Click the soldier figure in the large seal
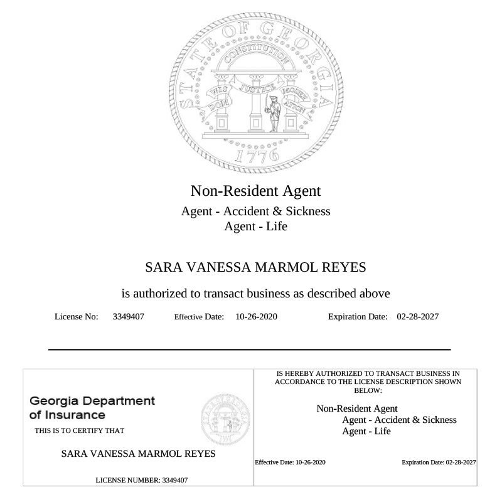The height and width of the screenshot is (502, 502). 274,114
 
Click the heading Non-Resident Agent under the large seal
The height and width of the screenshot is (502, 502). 255,190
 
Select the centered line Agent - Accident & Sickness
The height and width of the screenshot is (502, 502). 255,211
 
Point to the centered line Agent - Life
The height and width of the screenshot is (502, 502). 255,226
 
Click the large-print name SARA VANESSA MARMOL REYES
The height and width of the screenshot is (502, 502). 255,267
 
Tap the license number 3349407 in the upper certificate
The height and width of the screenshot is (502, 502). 129,316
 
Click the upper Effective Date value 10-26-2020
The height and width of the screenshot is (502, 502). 256,316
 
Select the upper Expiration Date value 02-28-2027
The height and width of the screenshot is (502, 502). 418,316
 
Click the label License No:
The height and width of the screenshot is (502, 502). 77,316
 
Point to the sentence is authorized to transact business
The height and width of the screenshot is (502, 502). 255,292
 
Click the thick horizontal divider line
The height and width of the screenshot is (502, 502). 250,349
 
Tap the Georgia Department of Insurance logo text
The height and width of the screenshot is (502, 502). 92,408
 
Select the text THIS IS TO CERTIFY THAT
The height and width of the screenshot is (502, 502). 79,430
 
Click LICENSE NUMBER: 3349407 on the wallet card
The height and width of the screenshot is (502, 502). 141,480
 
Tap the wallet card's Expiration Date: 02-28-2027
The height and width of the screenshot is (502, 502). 439,462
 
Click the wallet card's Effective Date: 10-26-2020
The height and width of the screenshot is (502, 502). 290,462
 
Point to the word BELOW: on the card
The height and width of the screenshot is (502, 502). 368,390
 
